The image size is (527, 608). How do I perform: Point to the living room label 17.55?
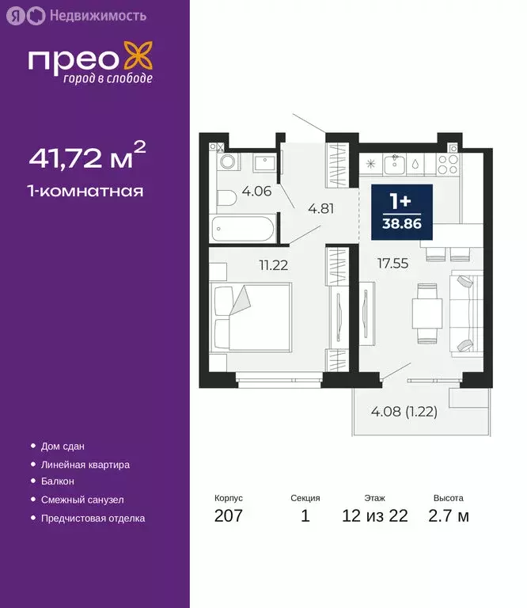pyautogui.click(x=392, y=264)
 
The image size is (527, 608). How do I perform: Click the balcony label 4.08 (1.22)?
pyautogui.click(x=404, y=411)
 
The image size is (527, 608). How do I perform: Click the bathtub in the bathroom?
pyautogui.click(x=245, y=230)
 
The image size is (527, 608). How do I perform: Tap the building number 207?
pyautogui.click(x=228, y=516)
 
